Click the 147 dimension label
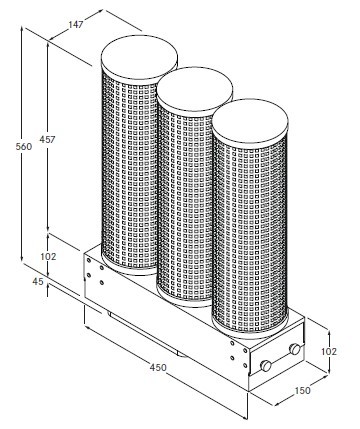click(x=76, y=24)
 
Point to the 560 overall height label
click(x=24, y=146)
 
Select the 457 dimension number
click(x=47, y=139)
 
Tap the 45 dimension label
click(x=38, y=282)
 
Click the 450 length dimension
click(x=158, y=367)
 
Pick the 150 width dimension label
click(x=302, y=390)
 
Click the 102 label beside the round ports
click(x=329, y=351)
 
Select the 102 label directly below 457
click(x=48, y=257)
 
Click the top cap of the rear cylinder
click(x=139, y=57)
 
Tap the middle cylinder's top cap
click(x=195, y=88)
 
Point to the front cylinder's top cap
click(x=250, y=121)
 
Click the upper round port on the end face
click(x=295, y=349)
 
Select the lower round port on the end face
click(x=266, y=366)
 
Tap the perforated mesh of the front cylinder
click(x=250, y=233)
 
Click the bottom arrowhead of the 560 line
click(x=22, y=259)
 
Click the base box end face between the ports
click(x=278, y=357)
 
